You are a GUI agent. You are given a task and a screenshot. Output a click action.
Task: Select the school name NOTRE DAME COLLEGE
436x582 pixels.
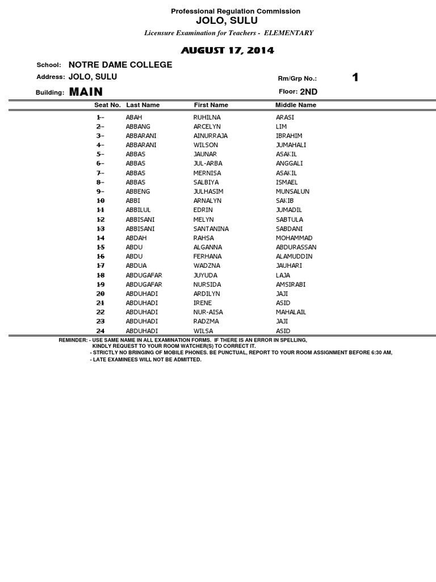[120, 65]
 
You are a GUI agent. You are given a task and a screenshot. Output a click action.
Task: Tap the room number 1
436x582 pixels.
[355, 78]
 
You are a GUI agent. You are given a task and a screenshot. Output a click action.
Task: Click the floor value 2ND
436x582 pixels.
[309, 92]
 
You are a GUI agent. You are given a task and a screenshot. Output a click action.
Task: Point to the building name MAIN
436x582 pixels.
[86, 92]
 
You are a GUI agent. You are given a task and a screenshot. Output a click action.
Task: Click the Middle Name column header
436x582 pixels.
[296, 105]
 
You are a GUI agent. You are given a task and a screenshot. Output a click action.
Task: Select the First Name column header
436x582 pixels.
[211, 105]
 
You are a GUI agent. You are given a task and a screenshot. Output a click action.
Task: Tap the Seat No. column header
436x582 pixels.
[107, 105]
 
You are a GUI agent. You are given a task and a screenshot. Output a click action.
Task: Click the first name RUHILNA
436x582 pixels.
[208, 117]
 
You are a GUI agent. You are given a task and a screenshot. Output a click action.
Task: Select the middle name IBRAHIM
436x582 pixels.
[289, 136]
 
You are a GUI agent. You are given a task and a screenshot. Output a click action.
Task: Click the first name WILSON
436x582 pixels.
[206, 145]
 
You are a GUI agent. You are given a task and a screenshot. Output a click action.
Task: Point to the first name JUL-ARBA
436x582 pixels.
[208, 164]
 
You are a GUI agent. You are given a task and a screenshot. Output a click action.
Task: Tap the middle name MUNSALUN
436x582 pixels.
[292, 192]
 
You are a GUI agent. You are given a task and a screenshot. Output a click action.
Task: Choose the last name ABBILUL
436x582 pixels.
[138, 210]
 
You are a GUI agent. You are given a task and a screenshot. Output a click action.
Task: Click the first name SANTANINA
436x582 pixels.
[211, 228]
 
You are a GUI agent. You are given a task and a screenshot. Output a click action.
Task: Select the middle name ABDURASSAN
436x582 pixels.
[296, 247]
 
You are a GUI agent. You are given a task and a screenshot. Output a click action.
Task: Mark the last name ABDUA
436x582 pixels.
[136, 265]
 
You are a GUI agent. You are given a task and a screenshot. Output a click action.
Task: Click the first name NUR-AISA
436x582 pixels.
[207, 312]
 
